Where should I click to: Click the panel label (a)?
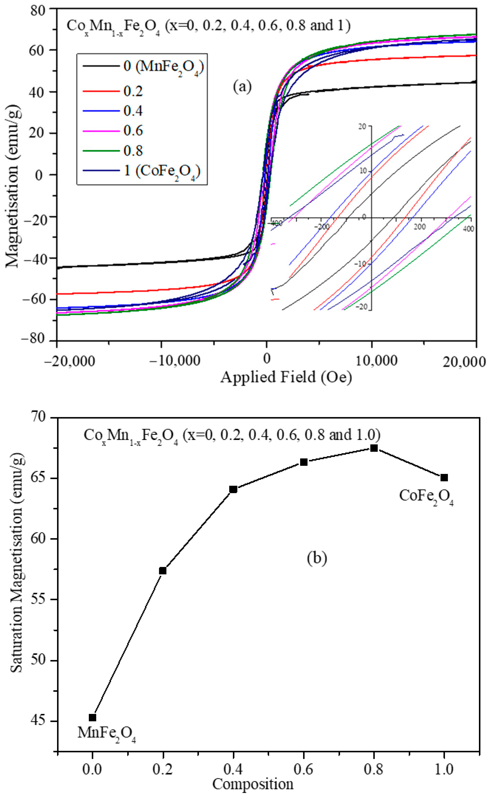tap(242, 87)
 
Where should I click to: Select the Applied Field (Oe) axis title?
tap(286, 377)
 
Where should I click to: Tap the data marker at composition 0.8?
tap(374, 448)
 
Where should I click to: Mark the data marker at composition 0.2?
tap(163, 571)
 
